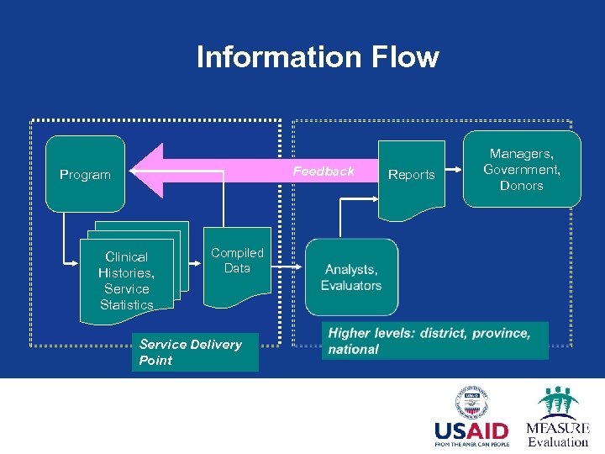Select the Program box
[85, 174]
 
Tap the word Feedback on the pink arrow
[324, 172]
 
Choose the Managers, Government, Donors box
[521, 169]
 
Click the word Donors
[521, 186]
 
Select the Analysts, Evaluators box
[351, 277]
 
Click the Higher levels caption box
[434, 340]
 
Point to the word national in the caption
[354, 349]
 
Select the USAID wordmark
[472, 430]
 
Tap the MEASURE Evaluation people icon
[558, 403]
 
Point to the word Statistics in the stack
[127, 304]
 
